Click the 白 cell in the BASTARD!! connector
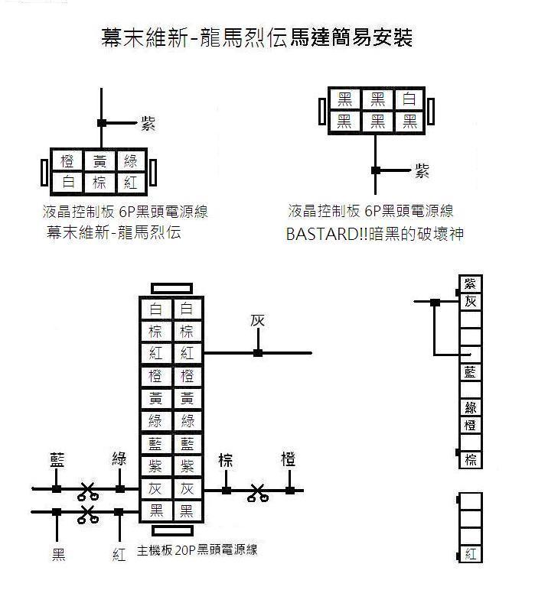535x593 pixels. point(409,99)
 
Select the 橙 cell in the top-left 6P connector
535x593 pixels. point(67,161)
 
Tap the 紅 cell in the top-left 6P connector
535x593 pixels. point(131,183)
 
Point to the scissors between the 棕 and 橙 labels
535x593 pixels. point(258,493)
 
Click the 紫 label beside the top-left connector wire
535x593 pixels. point(148,123)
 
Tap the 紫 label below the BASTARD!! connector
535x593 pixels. point(422,170)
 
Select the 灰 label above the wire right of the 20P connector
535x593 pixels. point(257,321)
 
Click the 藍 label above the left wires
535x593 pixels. point(57,460)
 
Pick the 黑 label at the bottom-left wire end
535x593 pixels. point(58,555)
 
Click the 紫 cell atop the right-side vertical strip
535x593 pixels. point(470,284)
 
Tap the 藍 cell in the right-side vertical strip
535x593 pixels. point(470,372)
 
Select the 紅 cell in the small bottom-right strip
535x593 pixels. point(470,554)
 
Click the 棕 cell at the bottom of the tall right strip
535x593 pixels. point(470,459)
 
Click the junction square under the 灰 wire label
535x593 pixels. point(258,353)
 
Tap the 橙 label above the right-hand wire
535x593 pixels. point(289,459)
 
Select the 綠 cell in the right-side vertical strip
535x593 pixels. point(470,408)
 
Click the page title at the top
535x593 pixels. point(256,37)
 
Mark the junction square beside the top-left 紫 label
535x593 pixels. point(101,123)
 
